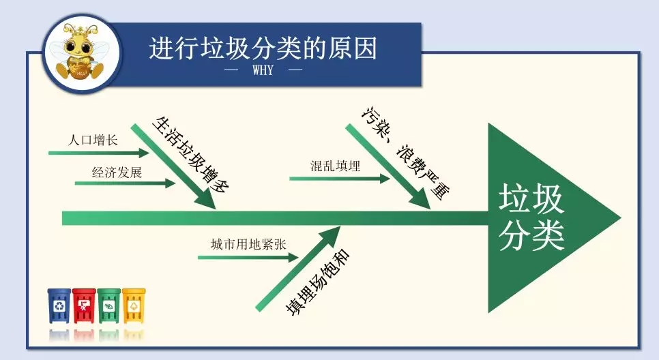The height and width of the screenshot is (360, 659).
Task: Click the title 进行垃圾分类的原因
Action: (263, 48)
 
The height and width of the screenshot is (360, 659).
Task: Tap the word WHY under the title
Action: (263, 70)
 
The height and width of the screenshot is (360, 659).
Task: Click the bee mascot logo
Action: (82, 52)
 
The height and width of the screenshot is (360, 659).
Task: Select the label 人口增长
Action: (93, 140)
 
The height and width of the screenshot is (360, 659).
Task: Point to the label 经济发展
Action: (117, 172)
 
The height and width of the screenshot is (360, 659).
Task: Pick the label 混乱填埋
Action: (336, 166)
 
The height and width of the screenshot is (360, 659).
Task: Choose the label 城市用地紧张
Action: (248, 245)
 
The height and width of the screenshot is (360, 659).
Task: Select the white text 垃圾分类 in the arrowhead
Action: (531, 217)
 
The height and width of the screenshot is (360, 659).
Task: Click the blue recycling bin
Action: (59, 306)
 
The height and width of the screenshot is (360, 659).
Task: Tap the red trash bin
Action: (84, 306)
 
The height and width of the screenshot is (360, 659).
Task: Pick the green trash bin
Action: (109, 306)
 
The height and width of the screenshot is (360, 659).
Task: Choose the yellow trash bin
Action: (134, 306)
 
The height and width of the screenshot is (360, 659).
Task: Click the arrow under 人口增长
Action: (99, 153)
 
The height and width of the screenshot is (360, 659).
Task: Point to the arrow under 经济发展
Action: (126, 183)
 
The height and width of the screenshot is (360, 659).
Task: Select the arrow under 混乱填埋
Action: (340, 179)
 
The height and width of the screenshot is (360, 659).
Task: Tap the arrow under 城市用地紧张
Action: (248, 257)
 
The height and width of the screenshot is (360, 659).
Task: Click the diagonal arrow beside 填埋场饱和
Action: (297, 269)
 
